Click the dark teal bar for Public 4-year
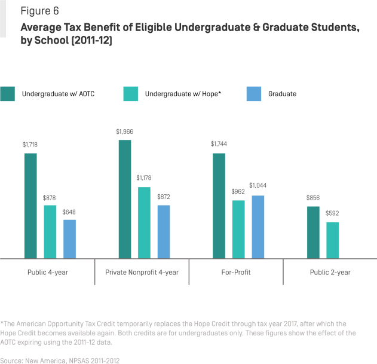click(30, 206)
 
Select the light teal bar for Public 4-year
click(50, 231)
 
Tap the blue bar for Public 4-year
click(70, 238)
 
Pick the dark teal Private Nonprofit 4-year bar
click(125, 199)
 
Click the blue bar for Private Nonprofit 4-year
click(164, 231)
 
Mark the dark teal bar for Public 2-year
click(313, 232)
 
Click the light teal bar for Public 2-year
click(333, 240)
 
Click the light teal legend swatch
click(130, 94)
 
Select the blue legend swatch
click(254, 94)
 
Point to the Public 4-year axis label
click(47, 272)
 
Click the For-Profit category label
click(235, 272)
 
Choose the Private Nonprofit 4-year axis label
click(142, 272)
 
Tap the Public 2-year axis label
click(330, 272)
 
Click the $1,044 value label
click(258, 185)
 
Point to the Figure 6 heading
click(40, 10)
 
